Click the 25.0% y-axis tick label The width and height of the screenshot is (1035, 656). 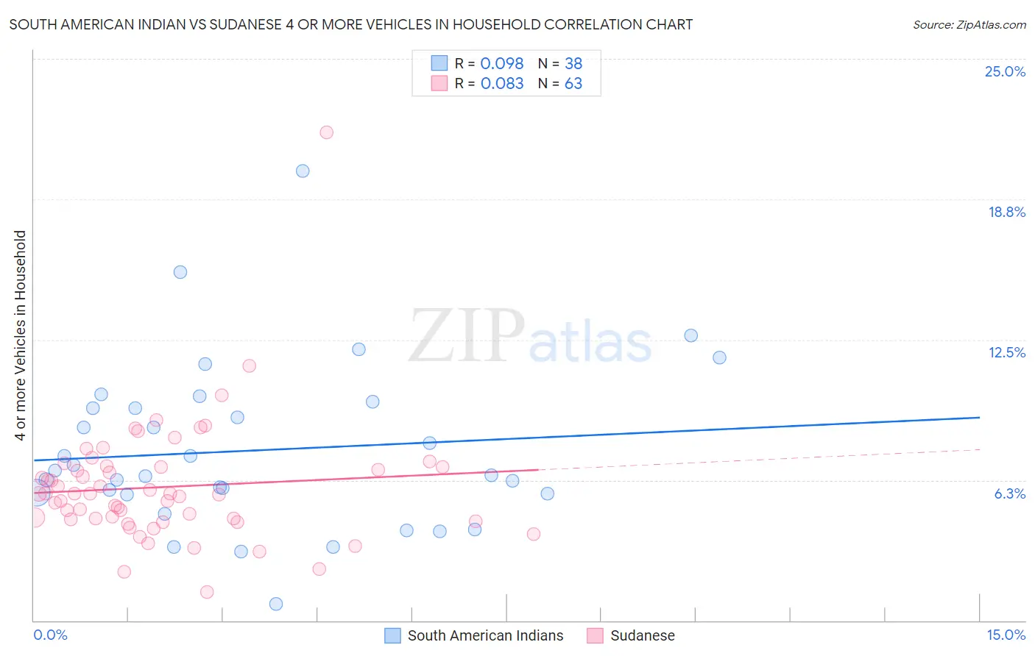[x=1005, y=71]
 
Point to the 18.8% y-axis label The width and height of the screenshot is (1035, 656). [x=1006, y=212]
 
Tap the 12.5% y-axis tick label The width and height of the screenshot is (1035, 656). [x=1006, y=352]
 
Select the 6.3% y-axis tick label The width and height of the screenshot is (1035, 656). [x=1009, y=493]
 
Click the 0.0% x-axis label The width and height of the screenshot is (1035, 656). [x=50, y=635]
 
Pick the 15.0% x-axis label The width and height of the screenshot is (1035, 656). [x=1006, y=635]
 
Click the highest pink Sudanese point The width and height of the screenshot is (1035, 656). [x=326, y=132]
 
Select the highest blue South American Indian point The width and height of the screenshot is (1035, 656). [x=303, y=171]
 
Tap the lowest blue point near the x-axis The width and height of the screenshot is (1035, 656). [x=276, y=604]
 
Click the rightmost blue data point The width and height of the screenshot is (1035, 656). [x=719, y=357]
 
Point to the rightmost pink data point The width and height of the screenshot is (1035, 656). [x=534, y=534]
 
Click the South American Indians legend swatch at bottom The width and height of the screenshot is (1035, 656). [x=393, y=635]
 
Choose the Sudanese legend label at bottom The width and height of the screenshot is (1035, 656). [x=642, y=635]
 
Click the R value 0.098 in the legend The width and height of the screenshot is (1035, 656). [x=502, y=63]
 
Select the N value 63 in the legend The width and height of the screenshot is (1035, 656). [x=573, y=83]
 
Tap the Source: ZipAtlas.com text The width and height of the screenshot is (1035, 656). [x=969, y=24]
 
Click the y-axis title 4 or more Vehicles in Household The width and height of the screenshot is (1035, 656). [x=20, y=335]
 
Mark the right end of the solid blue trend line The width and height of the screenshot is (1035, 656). [x=979, y=417]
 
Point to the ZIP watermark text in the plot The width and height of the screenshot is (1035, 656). [x=467, y=335]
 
